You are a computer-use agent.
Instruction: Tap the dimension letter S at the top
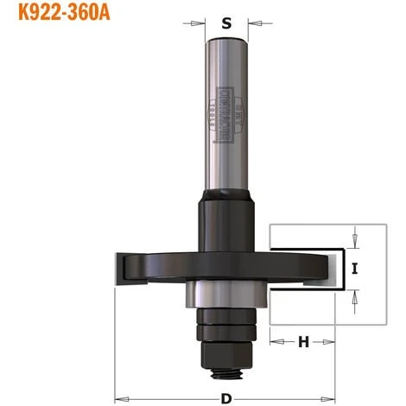[226, 24]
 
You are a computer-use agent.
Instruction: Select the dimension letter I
[355, 267]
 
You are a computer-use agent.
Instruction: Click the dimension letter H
[303, 341]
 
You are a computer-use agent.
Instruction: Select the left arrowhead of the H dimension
[276, 341]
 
